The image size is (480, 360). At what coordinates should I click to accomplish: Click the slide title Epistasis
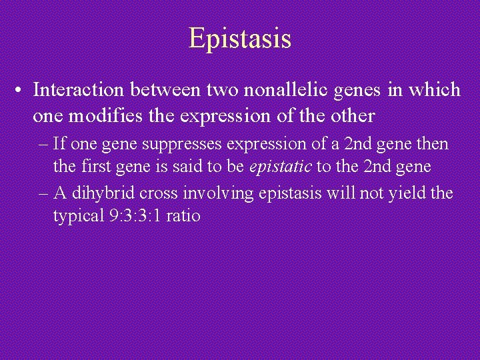[x=240, y=38]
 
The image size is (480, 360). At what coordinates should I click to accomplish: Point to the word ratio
[x=184, y=217]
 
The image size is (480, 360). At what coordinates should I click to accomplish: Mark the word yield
[x=411, y=193]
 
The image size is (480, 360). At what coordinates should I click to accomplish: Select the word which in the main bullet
[x=437, y=89]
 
